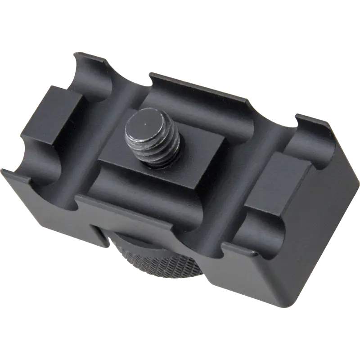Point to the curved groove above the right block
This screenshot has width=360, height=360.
pos(310,135)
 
